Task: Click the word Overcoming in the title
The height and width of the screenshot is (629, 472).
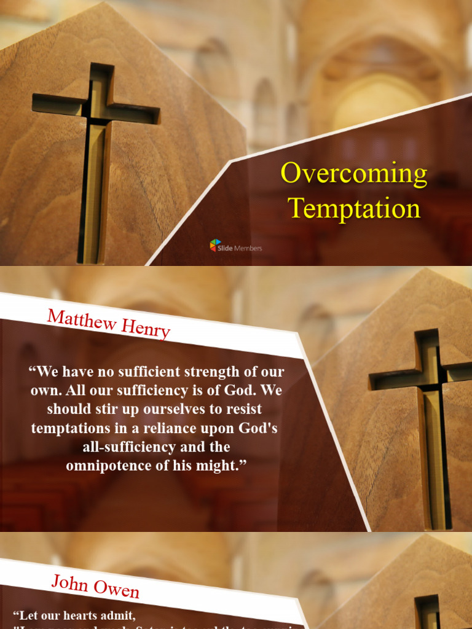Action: click(354, 174)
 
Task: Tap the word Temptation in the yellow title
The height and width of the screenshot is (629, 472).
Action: click(355, 208)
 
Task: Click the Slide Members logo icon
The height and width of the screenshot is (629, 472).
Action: click(215, 246)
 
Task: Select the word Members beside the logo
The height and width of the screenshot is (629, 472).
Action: click(248, 248)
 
